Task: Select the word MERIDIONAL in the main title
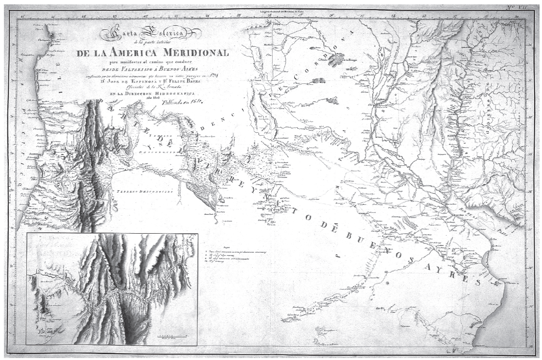pos(200,53)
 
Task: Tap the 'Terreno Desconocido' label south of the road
pos(141,192)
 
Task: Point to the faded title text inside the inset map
pos(54,248)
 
